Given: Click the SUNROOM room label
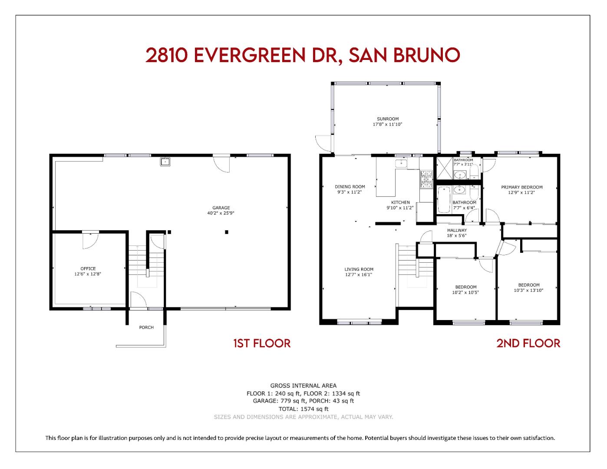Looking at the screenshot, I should [x=387, y=119].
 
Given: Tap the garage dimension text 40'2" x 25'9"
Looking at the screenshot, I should [x=221, y=213].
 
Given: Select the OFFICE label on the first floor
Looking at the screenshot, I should [x=88, y=268].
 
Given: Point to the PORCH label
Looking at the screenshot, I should [x=146, y=327].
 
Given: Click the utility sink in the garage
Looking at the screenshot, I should [x=165, y=162].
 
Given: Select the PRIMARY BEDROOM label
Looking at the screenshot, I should [x=521, y=187].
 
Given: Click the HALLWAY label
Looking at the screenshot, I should [x=457, y=230].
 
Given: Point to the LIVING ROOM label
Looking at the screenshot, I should [x=359, y=269].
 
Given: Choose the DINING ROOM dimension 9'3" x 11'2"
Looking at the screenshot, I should [x=350, y=192].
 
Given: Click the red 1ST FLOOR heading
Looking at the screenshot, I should [x=262, y=343].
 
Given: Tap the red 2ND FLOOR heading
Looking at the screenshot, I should [x=528, y=343].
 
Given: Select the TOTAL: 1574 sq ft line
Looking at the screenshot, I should [x=303, y=409].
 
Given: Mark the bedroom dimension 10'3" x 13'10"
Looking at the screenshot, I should [x=528, y=291].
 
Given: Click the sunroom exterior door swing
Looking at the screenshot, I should [x=323, y=141].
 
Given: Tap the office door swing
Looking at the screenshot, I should [x=90, y=241].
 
